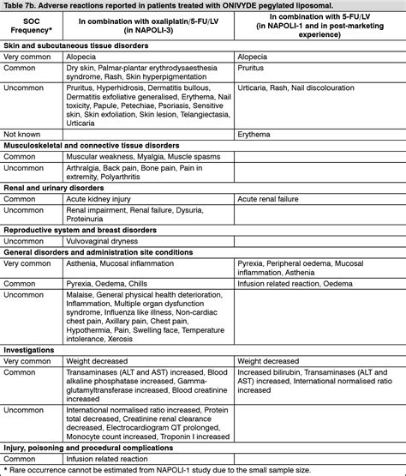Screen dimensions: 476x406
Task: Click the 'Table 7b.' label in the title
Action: click(x=22, y=6)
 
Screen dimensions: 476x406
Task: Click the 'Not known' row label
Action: click(x=23, y=134)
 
